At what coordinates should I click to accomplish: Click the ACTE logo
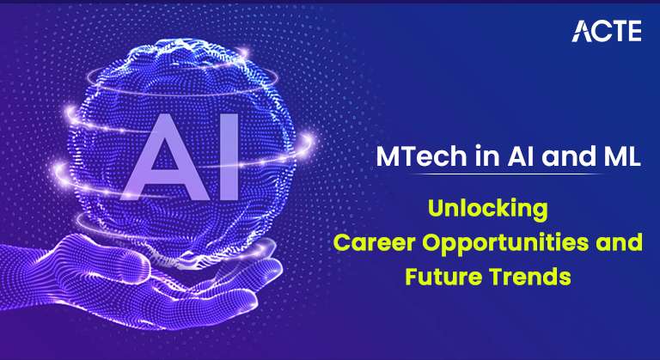click(x=607, y=31)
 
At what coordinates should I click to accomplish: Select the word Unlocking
click(x=488, y=209)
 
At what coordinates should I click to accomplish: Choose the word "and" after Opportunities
click(x=619, y=242)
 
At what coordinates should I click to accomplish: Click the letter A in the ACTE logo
click(x=581, y=31)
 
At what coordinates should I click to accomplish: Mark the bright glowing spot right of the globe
click(x=307, y=139)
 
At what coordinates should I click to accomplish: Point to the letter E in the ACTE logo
click(x=634, y=31)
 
